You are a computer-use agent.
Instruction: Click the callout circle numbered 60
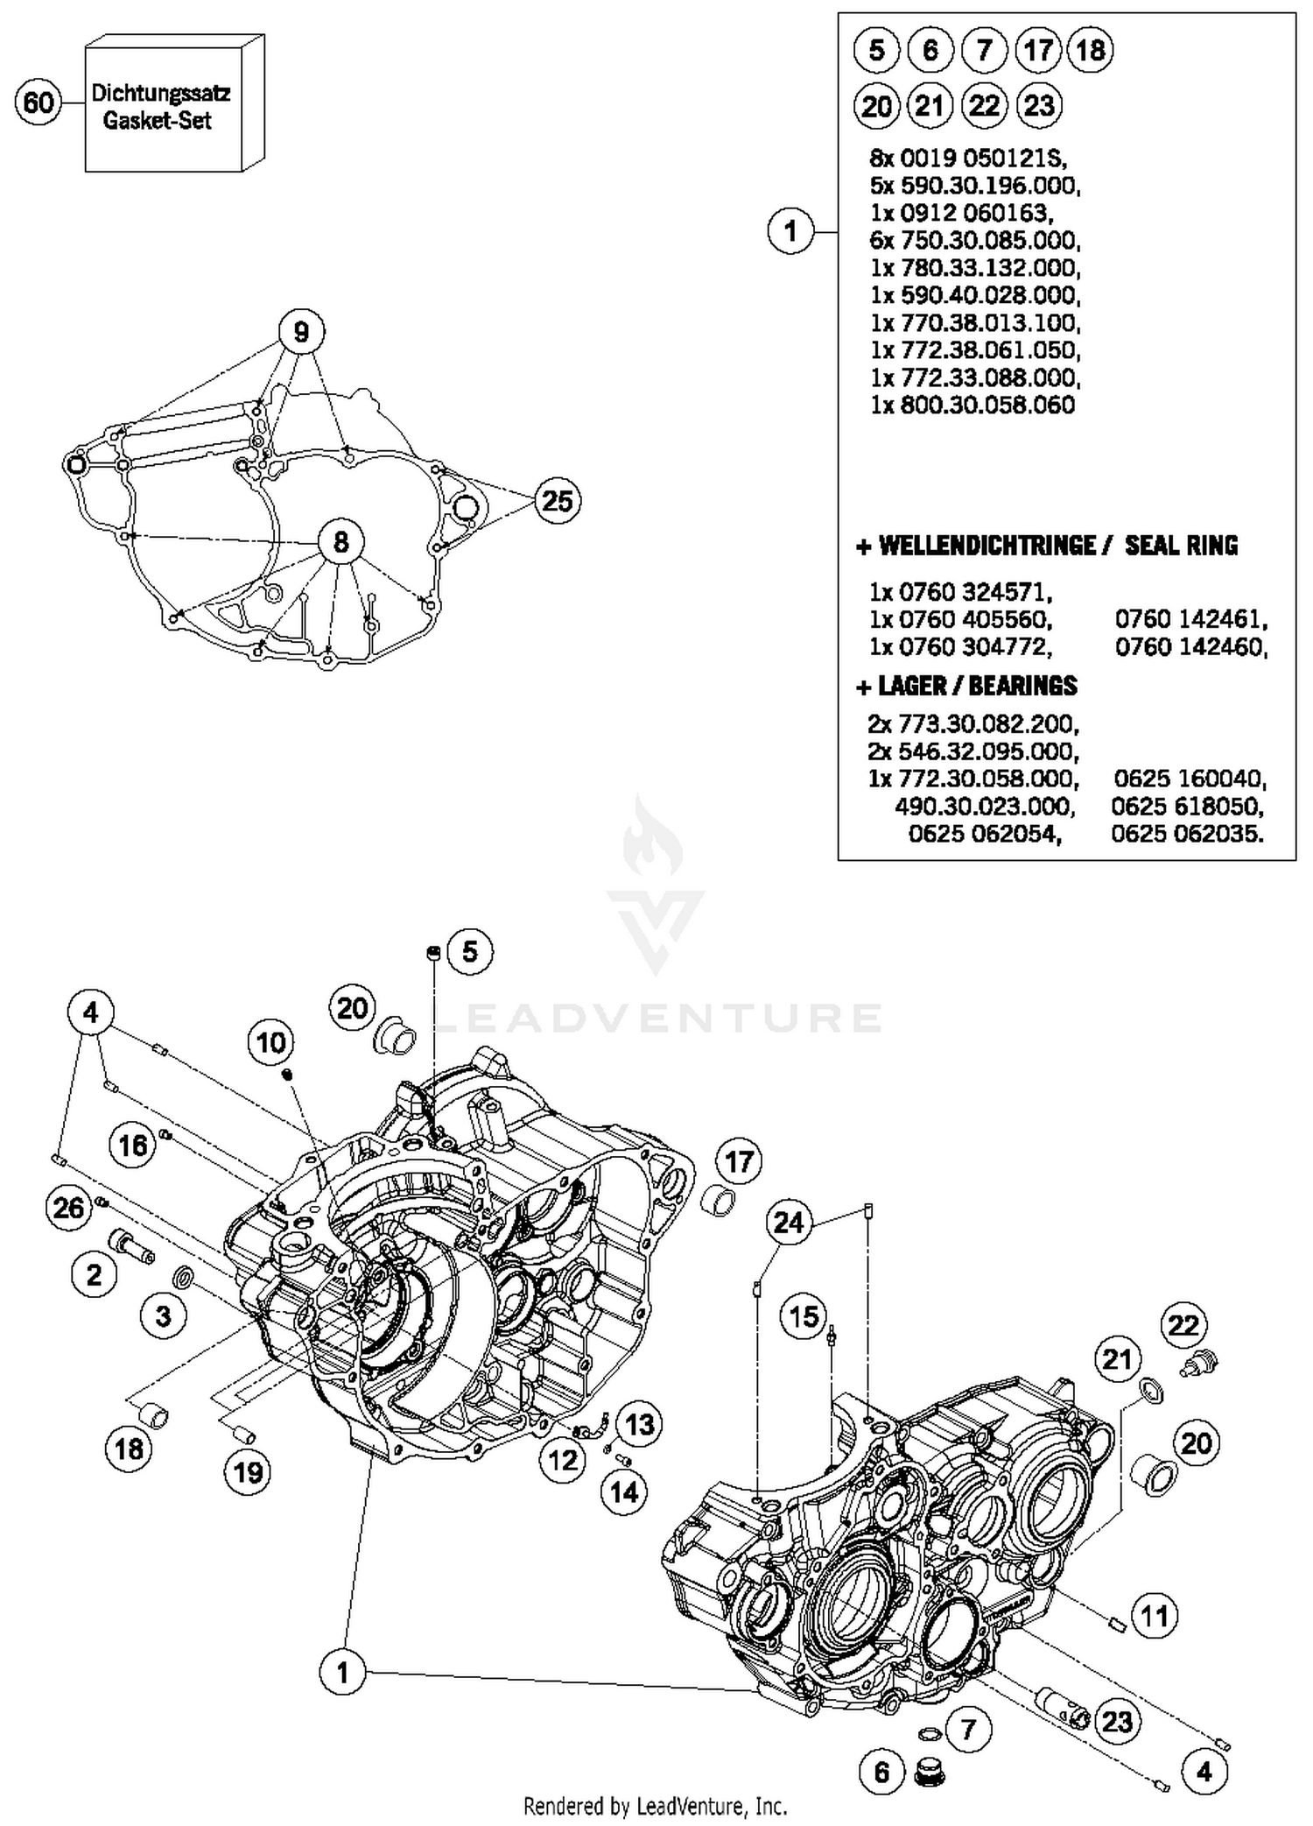point(39,103)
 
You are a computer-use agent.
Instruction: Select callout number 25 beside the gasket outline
point(557,501)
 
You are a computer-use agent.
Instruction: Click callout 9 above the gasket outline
point(301,332)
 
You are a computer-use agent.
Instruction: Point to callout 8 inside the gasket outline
point(341,542)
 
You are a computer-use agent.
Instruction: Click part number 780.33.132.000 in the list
point(975,267)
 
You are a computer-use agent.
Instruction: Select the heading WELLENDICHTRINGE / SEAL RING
point(1047,546)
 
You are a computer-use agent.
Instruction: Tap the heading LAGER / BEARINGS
point(966,686)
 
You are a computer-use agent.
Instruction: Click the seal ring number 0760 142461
point(1190,619)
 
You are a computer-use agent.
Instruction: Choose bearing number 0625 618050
point(1187,806)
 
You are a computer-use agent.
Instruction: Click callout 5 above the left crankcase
point(470,951)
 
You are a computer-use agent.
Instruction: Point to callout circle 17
point(740,1162)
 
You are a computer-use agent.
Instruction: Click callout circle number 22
point(1183,1325)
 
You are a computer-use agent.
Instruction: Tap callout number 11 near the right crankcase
point(1155,1615)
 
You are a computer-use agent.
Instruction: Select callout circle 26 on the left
point(68,1209)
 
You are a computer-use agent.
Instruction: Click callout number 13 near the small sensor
point(639,1425)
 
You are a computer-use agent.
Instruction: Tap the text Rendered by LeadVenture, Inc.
point(655,1806)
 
